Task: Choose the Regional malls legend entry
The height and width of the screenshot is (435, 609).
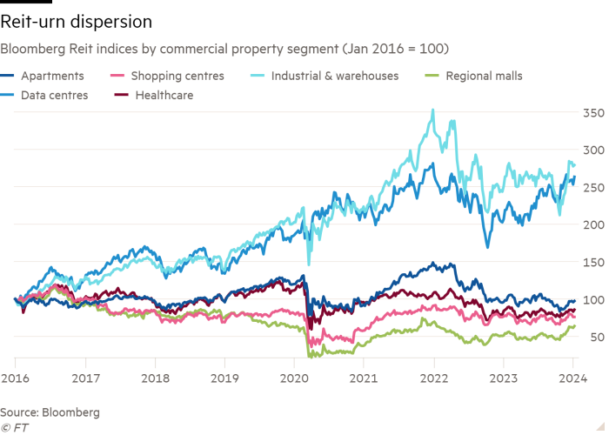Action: click(484, 77)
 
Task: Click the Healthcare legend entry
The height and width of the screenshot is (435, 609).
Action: click(164, 96)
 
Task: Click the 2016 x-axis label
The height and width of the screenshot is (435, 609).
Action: click(15, 379)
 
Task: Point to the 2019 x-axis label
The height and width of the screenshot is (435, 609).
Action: click(224, 379)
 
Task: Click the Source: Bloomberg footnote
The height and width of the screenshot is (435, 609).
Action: click(50, 411)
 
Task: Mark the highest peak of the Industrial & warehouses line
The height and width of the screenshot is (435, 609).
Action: click(432, 110)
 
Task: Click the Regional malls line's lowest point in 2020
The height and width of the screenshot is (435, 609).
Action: click(311, 356)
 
